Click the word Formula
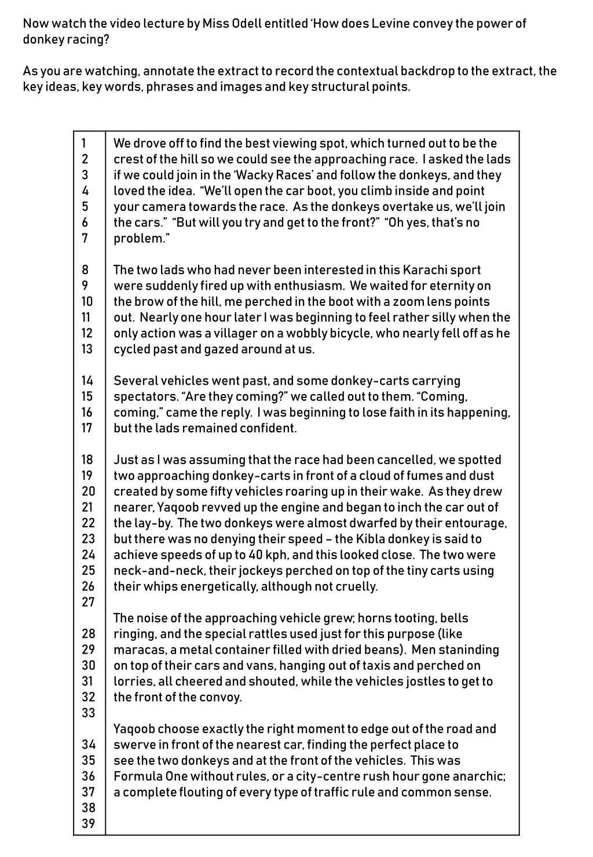pos(136,776)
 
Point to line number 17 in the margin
pos(87,428)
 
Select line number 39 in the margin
pos(88,823)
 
